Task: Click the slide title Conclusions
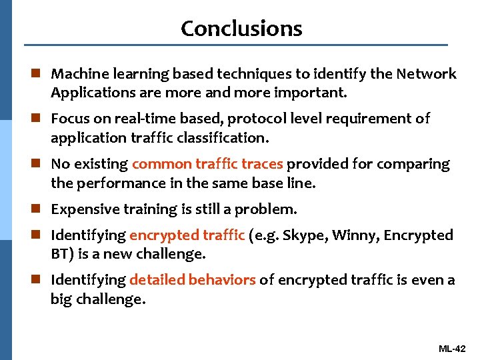point(241,28)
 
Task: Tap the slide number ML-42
point(453,349)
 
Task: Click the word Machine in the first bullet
point(75,73)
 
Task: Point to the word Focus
point(69,119)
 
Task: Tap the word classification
point(227,139)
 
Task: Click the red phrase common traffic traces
point(207,164)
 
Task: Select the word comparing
point(420,164)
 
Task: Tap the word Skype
point(307,235)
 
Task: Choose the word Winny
point(358,235)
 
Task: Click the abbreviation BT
point(59,254)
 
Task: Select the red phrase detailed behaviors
point(193,280)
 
